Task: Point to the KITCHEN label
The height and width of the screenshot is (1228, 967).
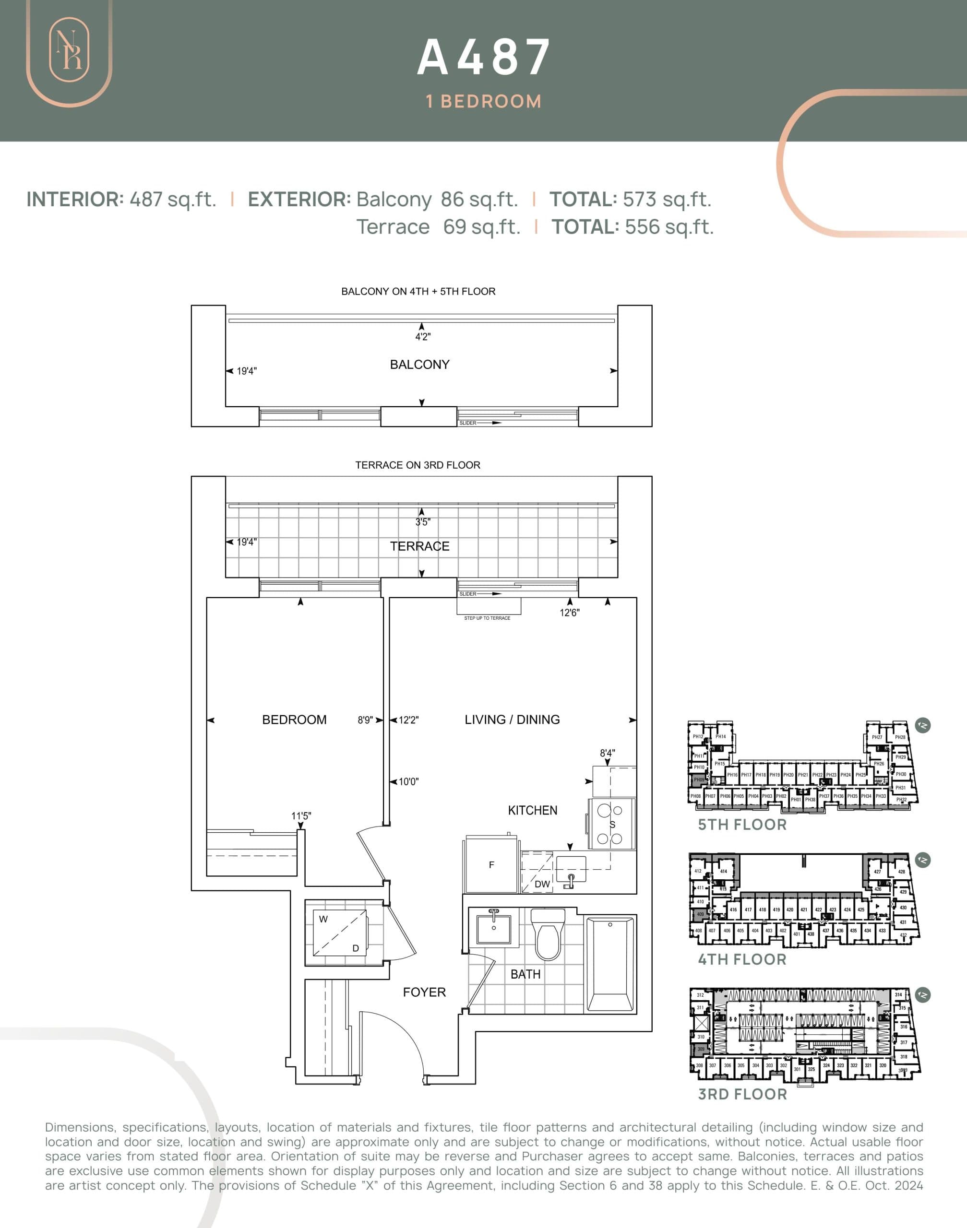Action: pyautogui.click(x=532, y=810)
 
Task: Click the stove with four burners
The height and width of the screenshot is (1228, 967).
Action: pyautogui.click(x=611, y=824)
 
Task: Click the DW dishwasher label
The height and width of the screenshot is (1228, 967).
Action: pyautogui.click(x=542, y=884)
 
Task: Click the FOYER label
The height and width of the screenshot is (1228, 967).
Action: pyautogui.click(x=424, y=992)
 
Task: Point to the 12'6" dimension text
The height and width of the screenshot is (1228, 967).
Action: pyautogui.click(x=570, y=613)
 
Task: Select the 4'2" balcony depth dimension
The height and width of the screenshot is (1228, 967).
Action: pyautogui.click(x=422, y=337)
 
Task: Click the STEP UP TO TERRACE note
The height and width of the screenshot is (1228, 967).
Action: pyautogui.click(x=487, y=618)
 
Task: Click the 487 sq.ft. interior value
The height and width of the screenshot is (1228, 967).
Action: pyautogui.click(x=173, y=199)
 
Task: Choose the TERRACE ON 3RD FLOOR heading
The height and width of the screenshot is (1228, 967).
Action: pyautogui.click(x=418, y=465)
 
